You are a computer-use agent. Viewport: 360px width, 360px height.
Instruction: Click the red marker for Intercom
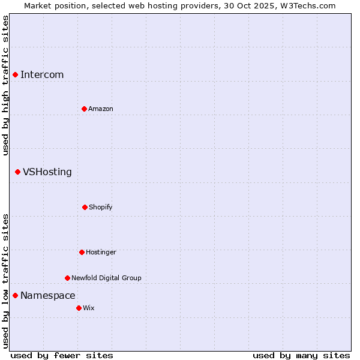[15, 74]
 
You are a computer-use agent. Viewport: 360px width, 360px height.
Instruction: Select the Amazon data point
[84, 109]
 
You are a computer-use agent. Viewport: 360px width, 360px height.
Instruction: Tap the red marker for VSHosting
[17, 172]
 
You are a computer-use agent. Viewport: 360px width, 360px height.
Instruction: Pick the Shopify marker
[85, 207]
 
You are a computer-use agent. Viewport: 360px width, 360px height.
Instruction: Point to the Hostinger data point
[82, 252]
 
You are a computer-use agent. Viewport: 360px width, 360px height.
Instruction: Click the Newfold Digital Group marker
[67, 278]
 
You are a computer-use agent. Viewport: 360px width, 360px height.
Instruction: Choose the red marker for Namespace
[15, 295]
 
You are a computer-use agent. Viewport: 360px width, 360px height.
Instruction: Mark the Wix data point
[79, 308]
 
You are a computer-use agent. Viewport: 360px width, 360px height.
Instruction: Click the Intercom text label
[42, 74]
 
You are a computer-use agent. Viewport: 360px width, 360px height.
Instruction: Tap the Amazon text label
[101, 109]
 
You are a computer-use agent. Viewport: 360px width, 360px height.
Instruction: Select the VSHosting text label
[47, 172]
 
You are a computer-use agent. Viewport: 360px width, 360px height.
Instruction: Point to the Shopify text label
[101, 207]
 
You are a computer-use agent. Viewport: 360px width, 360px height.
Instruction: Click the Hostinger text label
[101, 252]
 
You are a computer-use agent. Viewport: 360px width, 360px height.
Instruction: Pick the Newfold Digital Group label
[106, 278]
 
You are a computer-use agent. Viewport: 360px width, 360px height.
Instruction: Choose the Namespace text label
[48, 295]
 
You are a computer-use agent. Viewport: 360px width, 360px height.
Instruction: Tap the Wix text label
[89, 308]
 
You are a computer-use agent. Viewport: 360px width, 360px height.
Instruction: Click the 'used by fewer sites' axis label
[61, 355]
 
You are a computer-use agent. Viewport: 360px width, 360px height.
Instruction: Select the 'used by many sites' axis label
[301, 355]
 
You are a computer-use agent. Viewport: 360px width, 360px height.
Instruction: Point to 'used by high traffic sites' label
[5, 85]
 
